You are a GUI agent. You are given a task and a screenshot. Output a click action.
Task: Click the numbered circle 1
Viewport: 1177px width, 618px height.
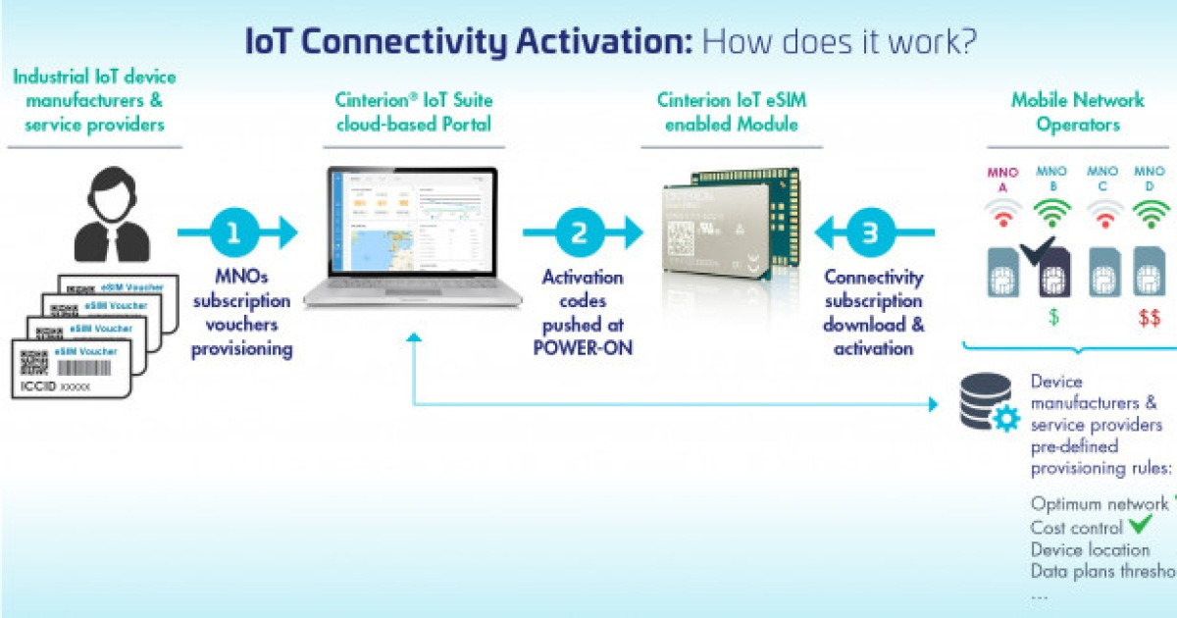[x=232, y=232]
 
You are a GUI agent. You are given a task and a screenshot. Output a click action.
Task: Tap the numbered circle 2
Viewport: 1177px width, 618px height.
[x=580, y=232]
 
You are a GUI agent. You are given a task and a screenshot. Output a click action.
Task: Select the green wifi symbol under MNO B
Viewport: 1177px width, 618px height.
[x=1051, y=213]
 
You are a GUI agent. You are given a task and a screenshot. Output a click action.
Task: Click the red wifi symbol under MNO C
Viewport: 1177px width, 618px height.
[x=1103, y=213]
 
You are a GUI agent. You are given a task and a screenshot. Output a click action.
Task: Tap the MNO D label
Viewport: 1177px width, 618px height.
[x=1149, y=180]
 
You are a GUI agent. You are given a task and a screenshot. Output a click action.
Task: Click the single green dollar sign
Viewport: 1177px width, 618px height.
[x=1053, y=317]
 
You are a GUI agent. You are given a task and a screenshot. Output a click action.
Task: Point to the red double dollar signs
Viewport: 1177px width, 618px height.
[x=1149, y=317]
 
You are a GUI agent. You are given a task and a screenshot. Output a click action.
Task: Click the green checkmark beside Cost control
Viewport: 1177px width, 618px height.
[x=1140, y=526]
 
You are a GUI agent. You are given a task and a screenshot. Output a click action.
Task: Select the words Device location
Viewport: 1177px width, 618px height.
[x=1090, y=549]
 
